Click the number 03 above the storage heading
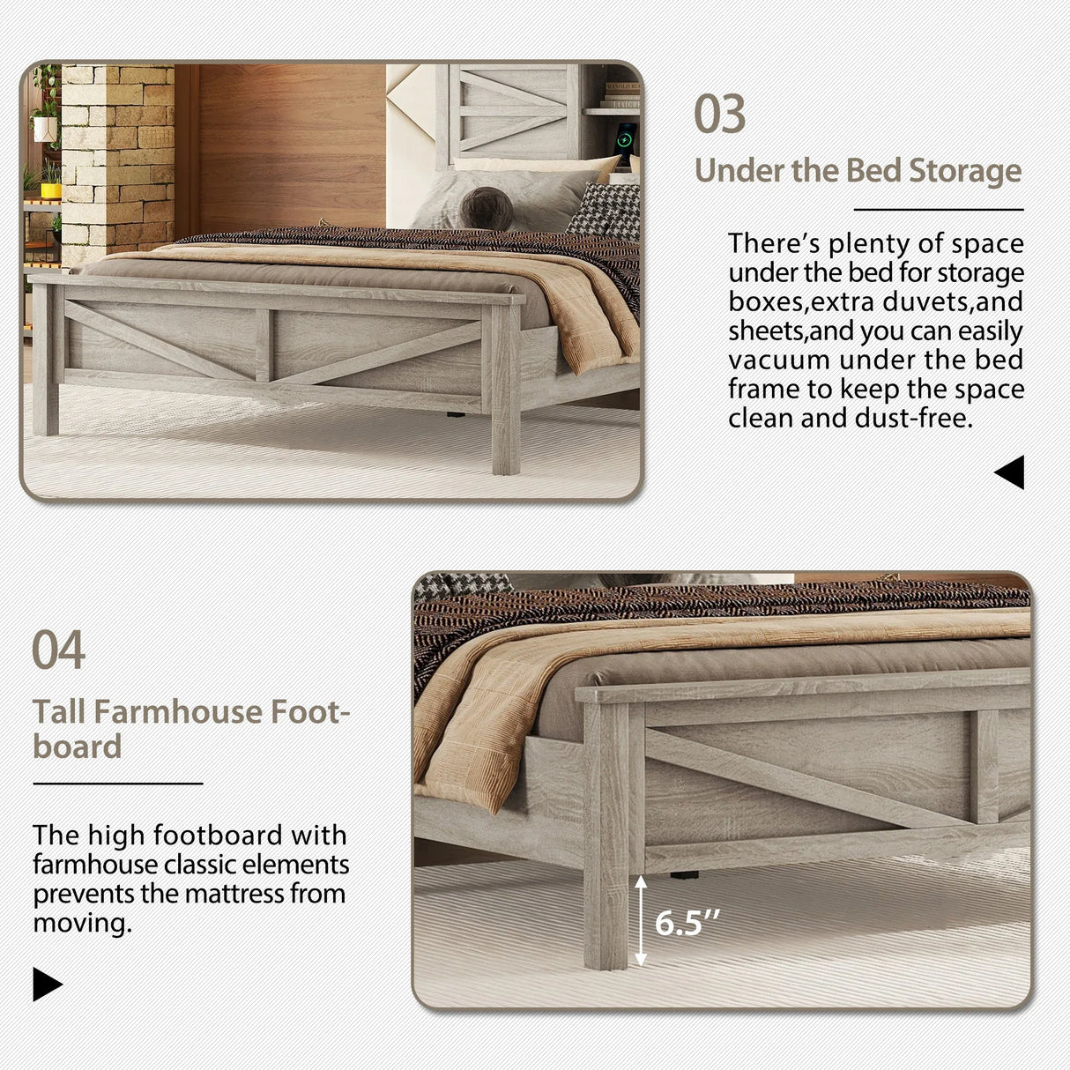pos(719,115)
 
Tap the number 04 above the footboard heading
pos(58,650)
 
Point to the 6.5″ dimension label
pos(687,923)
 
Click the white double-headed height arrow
pos(641,920)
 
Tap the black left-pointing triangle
pos(1009,472)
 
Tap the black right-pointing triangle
pos(48,984)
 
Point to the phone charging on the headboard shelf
pos(625,141)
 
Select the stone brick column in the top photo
pos(118,159)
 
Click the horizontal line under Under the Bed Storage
pos(939,210)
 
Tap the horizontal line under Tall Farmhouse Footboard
pos(118,783)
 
